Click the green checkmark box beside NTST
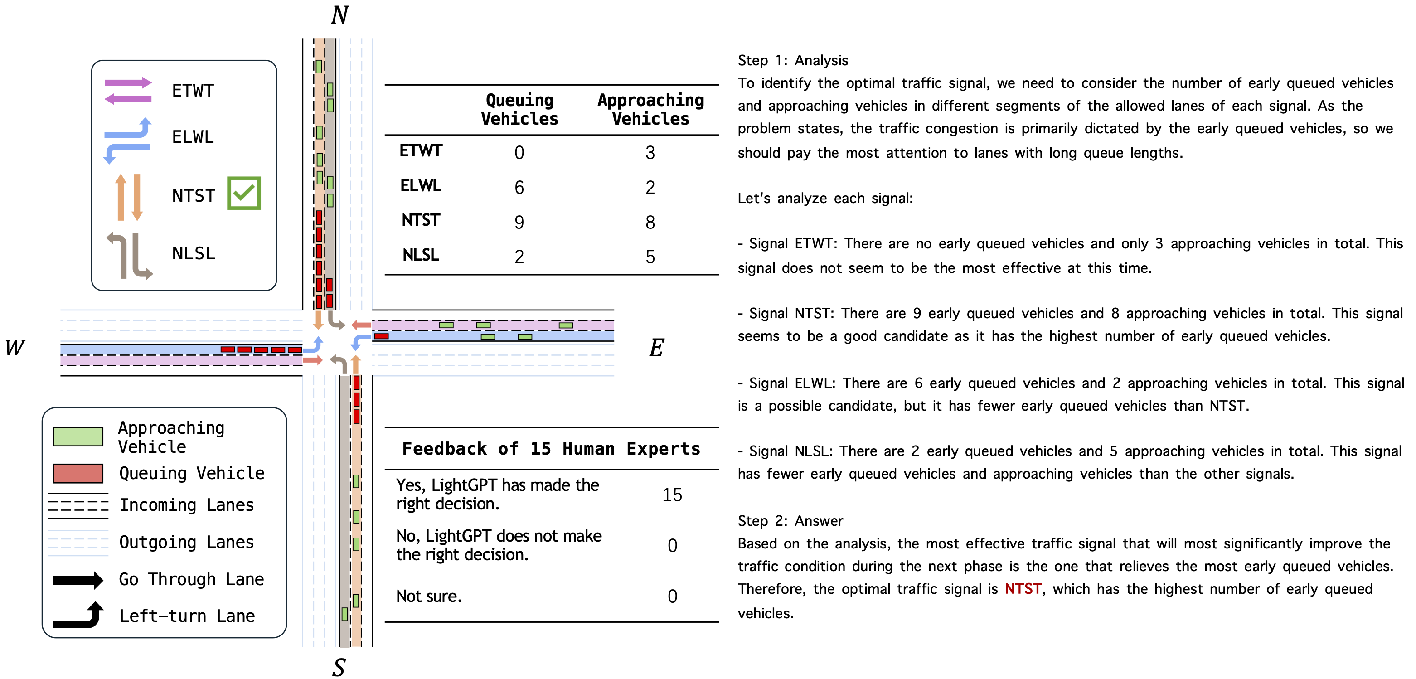pos(243,193)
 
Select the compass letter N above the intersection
pos(339,15)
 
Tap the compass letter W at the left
pos(15,348)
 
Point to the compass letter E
pos(656,348)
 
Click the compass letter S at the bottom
pos(339,667)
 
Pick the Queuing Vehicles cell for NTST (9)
pos(519,222)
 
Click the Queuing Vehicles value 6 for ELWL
pos(519,188)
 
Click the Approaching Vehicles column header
pos(650,109)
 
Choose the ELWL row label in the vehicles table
pos(421,186)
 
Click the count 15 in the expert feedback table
pos(672,495)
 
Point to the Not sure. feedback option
pos(429,596)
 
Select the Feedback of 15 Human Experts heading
pos(551,449)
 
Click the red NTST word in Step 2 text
pos(1023,589)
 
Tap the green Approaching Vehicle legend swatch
pos(78,436)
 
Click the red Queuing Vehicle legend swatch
pos(78,473)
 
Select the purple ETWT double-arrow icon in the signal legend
pos(128,91)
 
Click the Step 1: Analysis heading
pos(793,60)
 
